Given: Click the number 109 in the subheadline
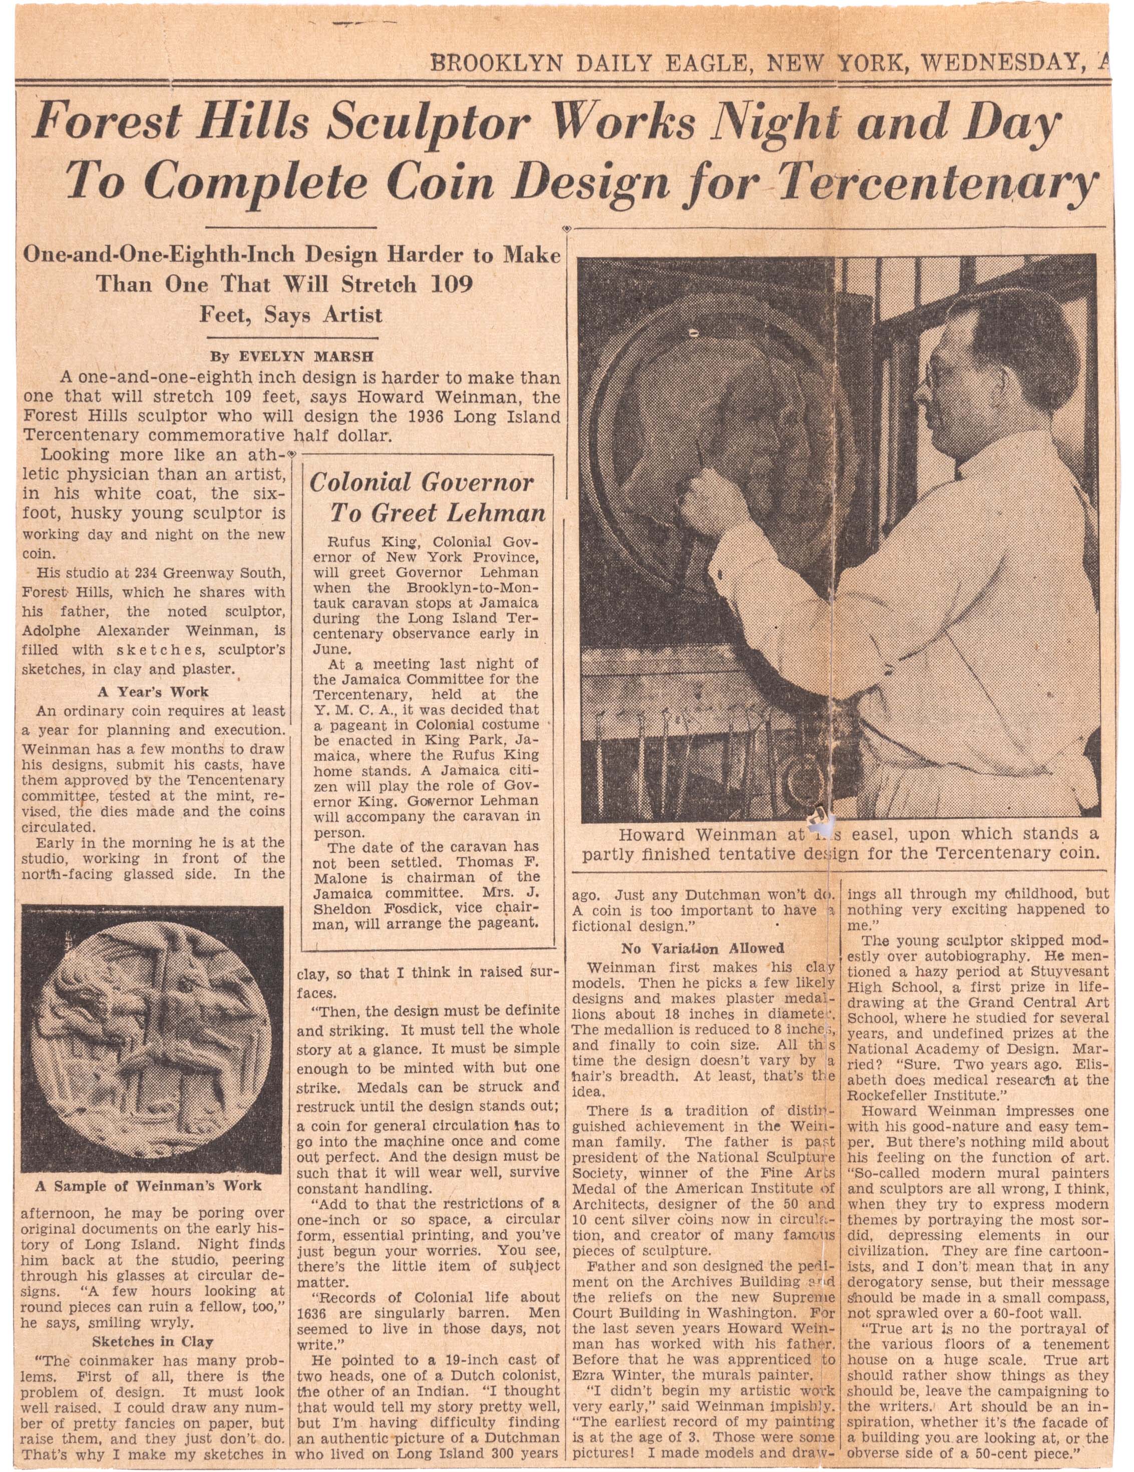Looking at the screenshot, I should click(x=452, y=284).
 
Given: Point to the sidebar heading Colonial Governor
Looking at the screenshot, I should click(x=421, y=483).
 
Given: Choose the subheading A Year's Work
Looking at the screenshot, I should click(x=153, y=691).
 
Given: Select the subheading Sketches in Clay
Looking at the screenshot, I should click(x=152, y=1341).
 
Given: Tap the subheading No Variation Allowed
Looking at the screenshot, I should click(x=703, y=948).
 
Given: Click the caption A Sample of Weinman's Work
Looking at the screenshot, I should click(x=148, y=1186).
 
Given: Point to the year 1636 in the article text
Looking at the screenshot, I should click(x=312, y=1313).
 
